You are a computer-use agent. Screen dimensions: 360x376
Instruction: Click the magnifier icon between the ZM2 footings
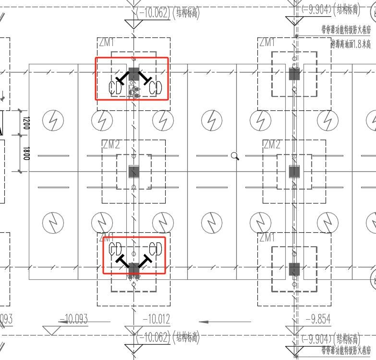235,156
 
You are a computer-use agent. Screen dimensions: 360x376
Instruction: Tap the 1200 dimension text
26,123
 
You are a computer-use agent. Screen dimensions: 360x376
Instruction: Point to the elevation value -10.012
157,319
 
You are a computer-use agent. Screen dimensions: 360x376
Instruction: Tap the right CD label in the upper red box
156,88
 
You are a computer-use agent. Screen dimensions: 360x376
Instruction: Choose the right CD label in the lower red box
156,249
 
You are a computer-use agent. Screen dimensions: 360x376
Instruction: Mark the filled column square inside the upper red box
134,74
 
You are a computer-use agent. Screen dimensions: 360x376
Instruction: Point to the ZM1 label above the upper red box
107,43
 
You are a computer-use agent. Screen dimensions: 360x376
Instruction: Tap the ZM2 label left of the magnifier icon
111,145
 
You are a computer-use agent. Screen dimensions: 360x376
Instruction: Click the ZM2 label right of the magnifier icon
272,145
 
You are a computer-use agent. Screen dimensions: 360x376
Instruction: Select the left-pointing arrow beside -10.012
225,322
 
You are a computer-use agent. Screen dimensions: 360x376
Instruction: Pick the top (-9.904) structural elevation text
331,10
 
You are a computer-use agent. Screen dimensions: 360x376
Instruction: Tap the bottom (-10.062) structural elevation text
167,337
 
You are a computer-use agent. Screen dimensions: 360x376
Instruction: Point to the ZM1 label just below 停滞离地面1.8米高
267,43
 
